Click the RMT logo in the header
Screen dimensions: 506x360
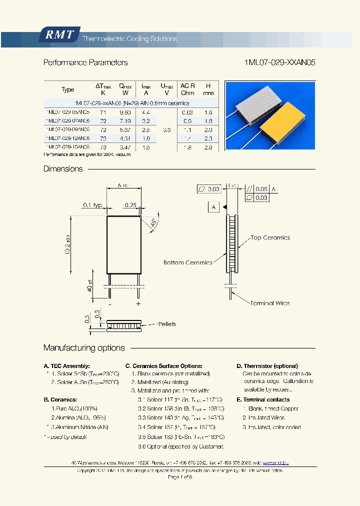pos(59,35)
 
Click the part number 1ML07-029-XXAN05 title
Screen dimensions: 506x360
pos(280,63)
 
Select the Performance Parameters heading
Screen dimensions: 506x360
pos(85,63)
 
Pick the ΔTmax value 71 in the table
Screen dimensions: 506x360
pos(103,112)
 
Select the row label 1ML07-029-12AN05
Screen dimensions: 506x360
pos(67,138)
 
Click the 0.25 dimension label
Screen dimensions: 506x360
pos(131,205)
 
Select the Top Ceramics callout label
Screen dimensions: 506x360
pos(270,238)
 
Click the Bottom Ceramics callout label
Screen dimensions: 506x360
pos(187,262)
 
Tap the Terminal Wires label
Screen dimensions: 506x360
pos(270,303)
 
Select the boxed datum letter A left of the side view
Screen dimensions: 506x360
pos(213,207)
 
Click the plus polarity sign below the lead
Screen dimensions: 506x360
pos(138,303)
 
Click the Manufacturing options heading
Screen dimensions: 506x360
pos(84,348)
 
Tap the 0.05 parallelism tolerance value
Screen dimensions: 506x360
pos(261,189)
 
